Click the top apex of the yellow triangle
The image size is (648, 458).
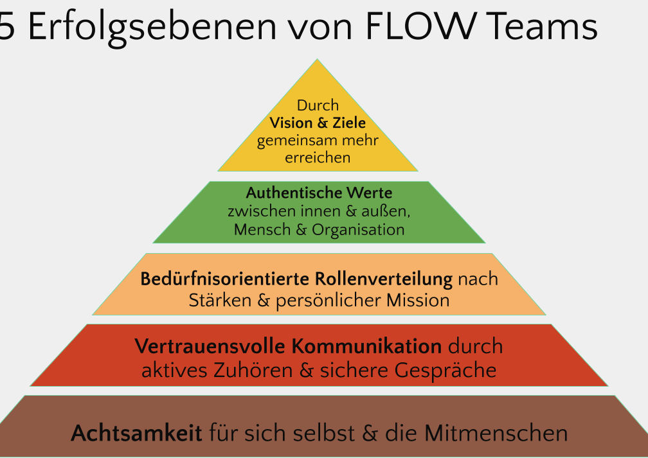(316, 60)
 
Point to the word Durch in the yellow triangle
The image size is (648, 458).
(318, 105)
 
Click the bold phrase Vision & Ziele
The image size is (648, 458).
(318, 123)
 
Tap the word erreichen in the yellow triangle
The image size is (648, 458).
(318, 157)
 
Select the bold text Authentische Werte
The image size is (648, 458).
(319, 193)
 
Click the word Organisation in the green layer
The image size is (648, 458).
(358, 229)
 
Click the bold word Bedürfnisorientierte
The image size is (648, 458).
(224, 280)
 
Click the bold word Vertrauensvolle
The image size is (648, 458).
(210, 347)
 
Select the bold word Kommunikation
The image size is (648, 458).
(366, 347)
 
